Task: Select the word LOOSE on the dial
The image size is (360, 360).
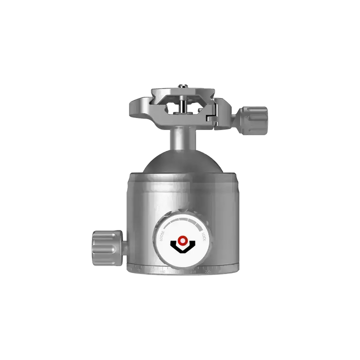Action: click(x=162, y=233)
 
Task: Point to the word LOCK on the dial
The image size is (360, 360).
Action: click(x=202, y=234)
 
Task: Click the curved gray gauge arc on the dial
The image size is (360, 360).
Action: click(x=180, y=221)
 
